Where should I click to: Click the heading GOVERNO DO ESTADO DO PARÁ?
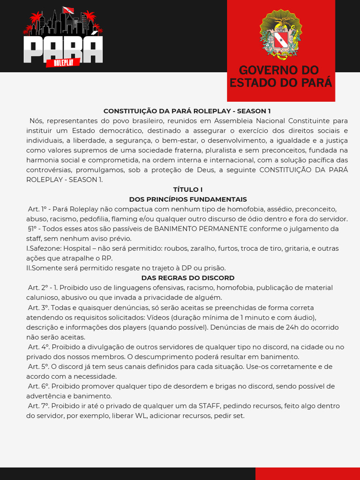pyautogui.click(x=280, y=76)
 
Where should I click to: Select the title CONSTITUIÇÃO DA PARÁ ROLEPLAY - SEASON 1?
pyautogui.click(x=187, y=111)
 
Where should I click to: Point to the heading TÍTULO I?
pyautogui.click(x=187, y=189)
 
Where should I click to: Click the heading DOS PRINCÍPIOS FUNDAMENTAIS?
pyautogui.click(x=187, y=199)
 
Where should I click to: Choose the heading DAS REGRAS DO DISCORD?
pyautogui.click(x=187, y=278)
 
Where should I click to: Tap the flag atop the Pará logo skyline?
pyautogui.click(x=68, y=10)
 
